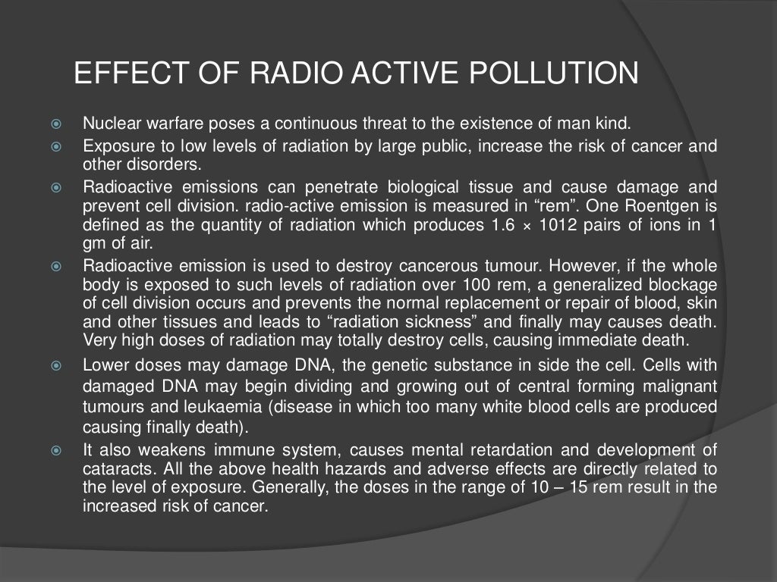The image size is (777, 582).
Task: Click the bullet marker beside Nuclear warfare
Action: coord(55,124)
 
